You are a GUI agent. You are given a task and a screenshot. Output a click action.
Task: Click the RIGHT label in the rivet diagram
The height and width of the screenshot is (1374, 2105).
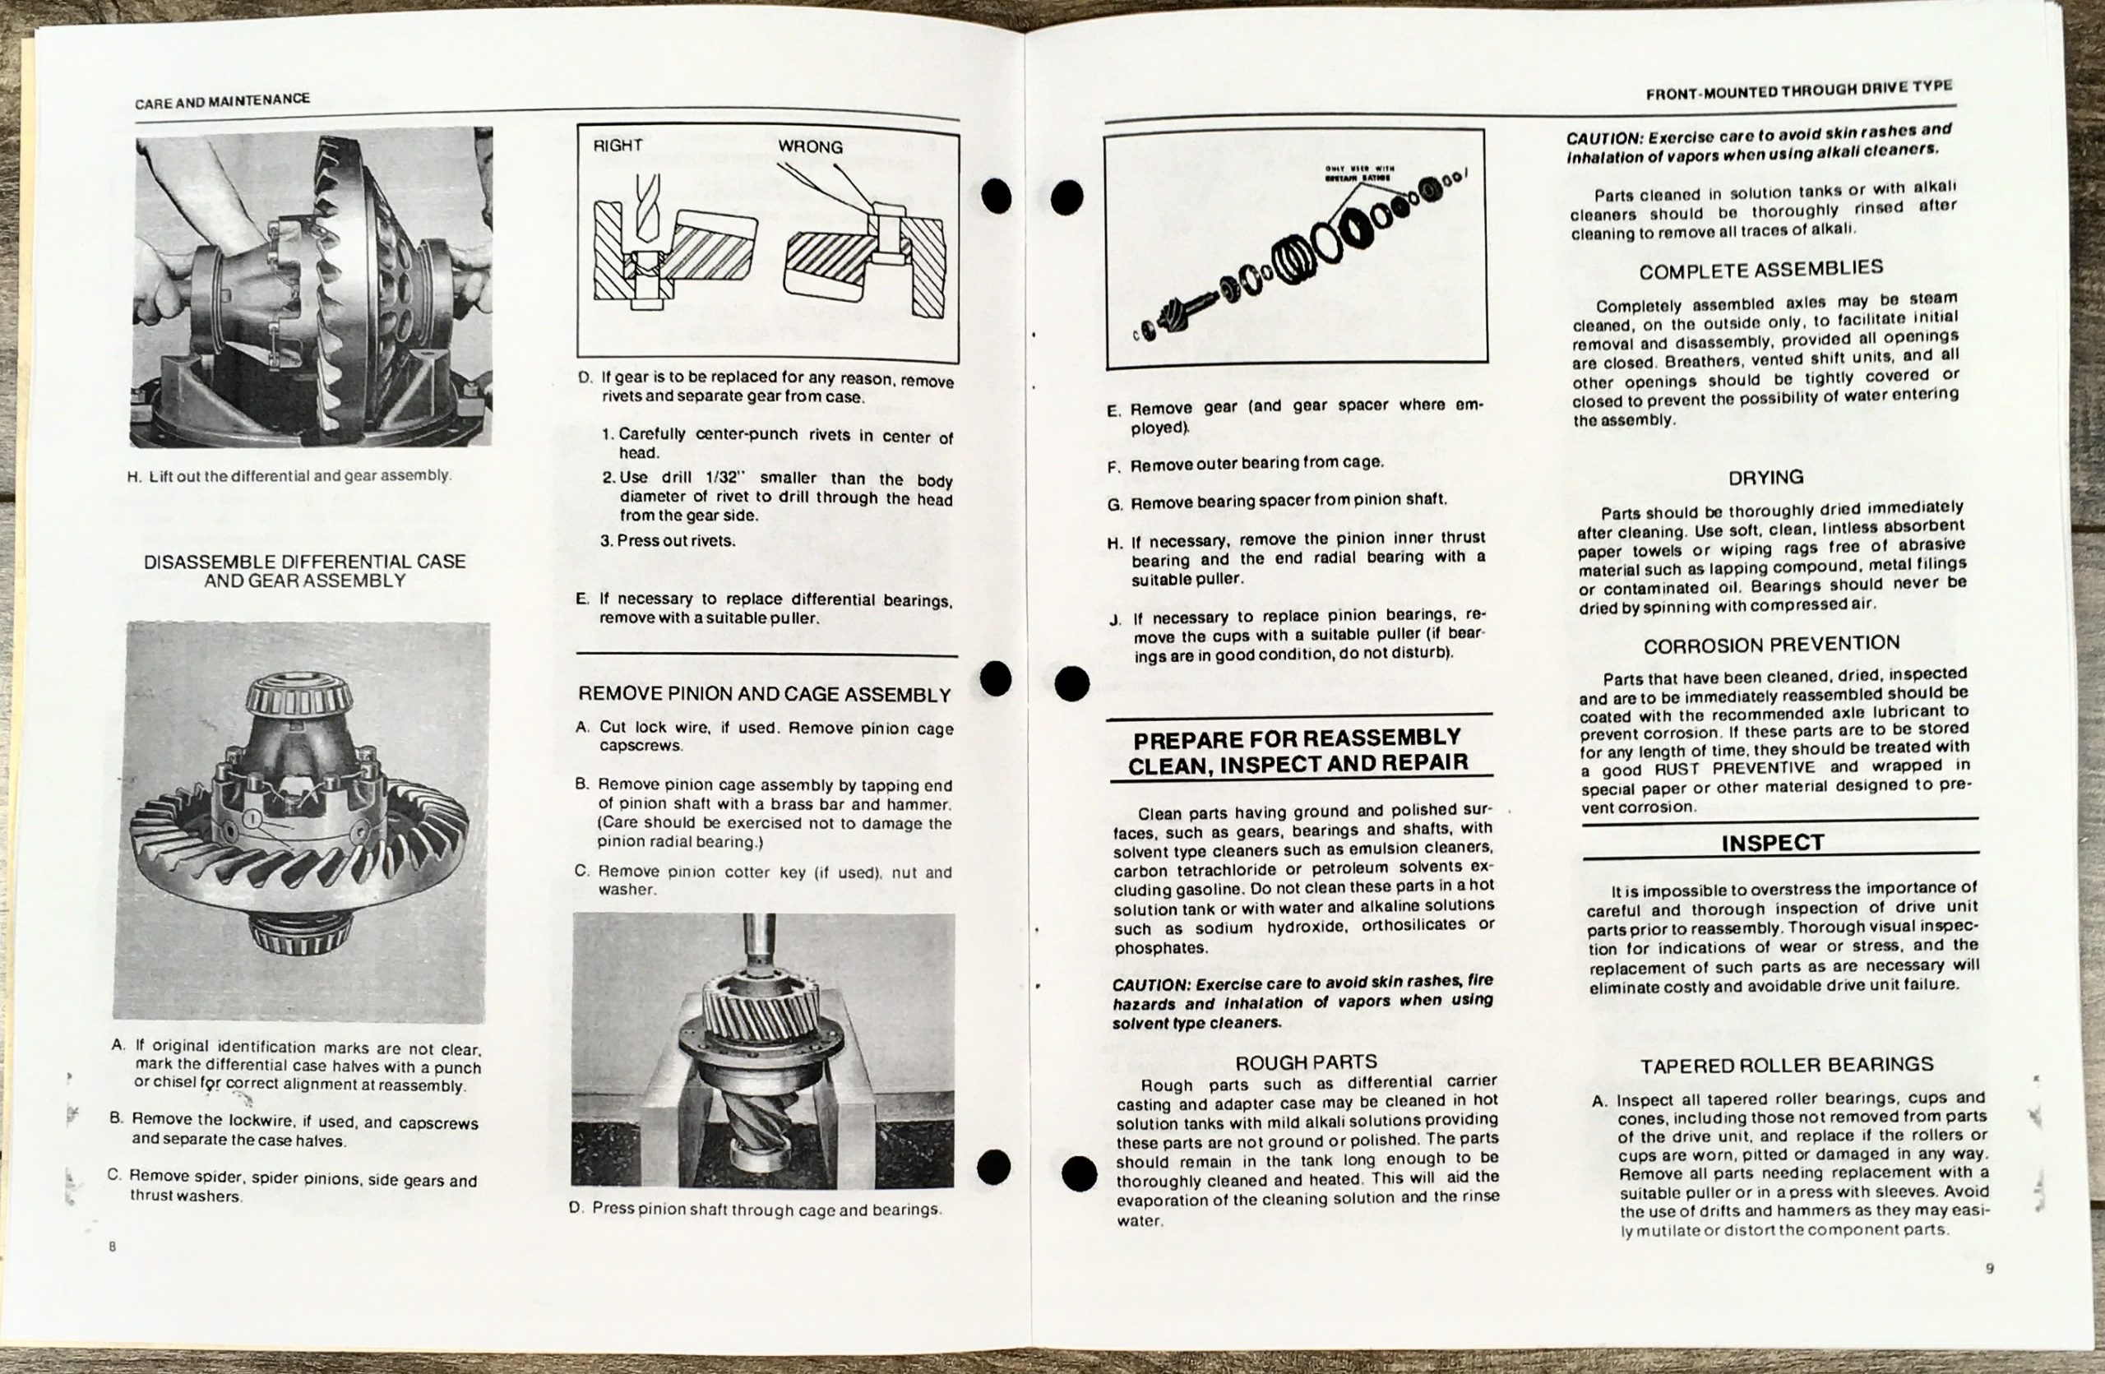pos(618,146)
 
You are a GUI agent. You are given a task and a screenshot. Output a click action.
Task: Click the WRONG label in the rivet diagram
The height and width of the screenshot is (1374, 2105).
pos(810,146)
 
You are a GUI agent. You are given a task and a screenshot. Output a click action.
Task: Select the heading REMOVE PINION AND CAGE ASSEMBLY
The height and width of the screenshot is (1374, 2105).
pos(765,695)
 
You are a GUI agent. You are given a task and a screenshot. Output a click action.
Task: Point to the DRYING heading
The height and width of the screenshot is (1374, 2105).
pos(1765,478)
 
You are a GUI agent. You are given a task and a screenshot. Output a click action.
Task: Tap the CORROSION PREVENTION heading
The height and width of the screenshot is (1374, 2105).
pos(1771,645)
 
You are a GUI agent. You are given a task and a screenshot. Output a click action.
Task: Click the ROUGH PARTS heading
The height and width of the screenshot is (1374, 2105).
pos(1307,1062)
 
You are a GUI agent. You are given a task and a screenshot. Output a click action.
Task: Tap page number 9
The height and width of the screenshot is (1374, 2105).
pos(1989,1269)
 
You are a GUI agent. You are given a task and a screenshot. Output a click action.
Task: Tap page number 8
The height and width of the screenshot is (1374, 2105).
pos(113,1247)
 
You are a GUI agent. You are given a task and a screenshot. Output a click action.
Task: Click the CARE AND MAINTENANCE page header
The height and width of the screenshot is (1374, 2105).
pos(222,101)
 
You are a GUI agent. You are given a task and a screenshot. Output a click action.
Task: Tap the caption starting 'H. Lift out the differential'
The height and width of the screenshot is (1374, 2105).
pos(289,476)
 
